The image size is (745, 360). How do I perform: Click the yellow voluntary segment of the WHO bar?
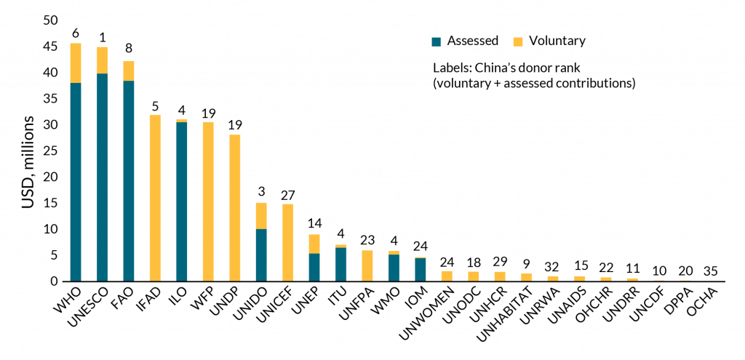pos(75,63)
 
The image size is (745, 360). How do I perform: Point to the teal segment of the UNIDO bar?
pos(261,255)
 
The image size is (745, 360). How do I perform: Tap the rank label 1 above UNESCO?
pos(102,37)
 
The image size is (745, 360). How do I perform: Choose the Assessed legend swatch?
pos(436,41)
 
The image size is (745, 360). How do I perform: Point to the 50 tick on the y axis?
pos(49,21)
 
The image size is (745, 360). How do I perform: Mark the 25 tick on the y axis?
pos(49,151)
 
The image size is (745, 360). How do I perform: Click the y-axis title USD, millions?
pos(26,151)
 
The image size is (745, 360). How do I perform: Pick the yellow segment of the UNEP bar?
pos(314,244)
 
